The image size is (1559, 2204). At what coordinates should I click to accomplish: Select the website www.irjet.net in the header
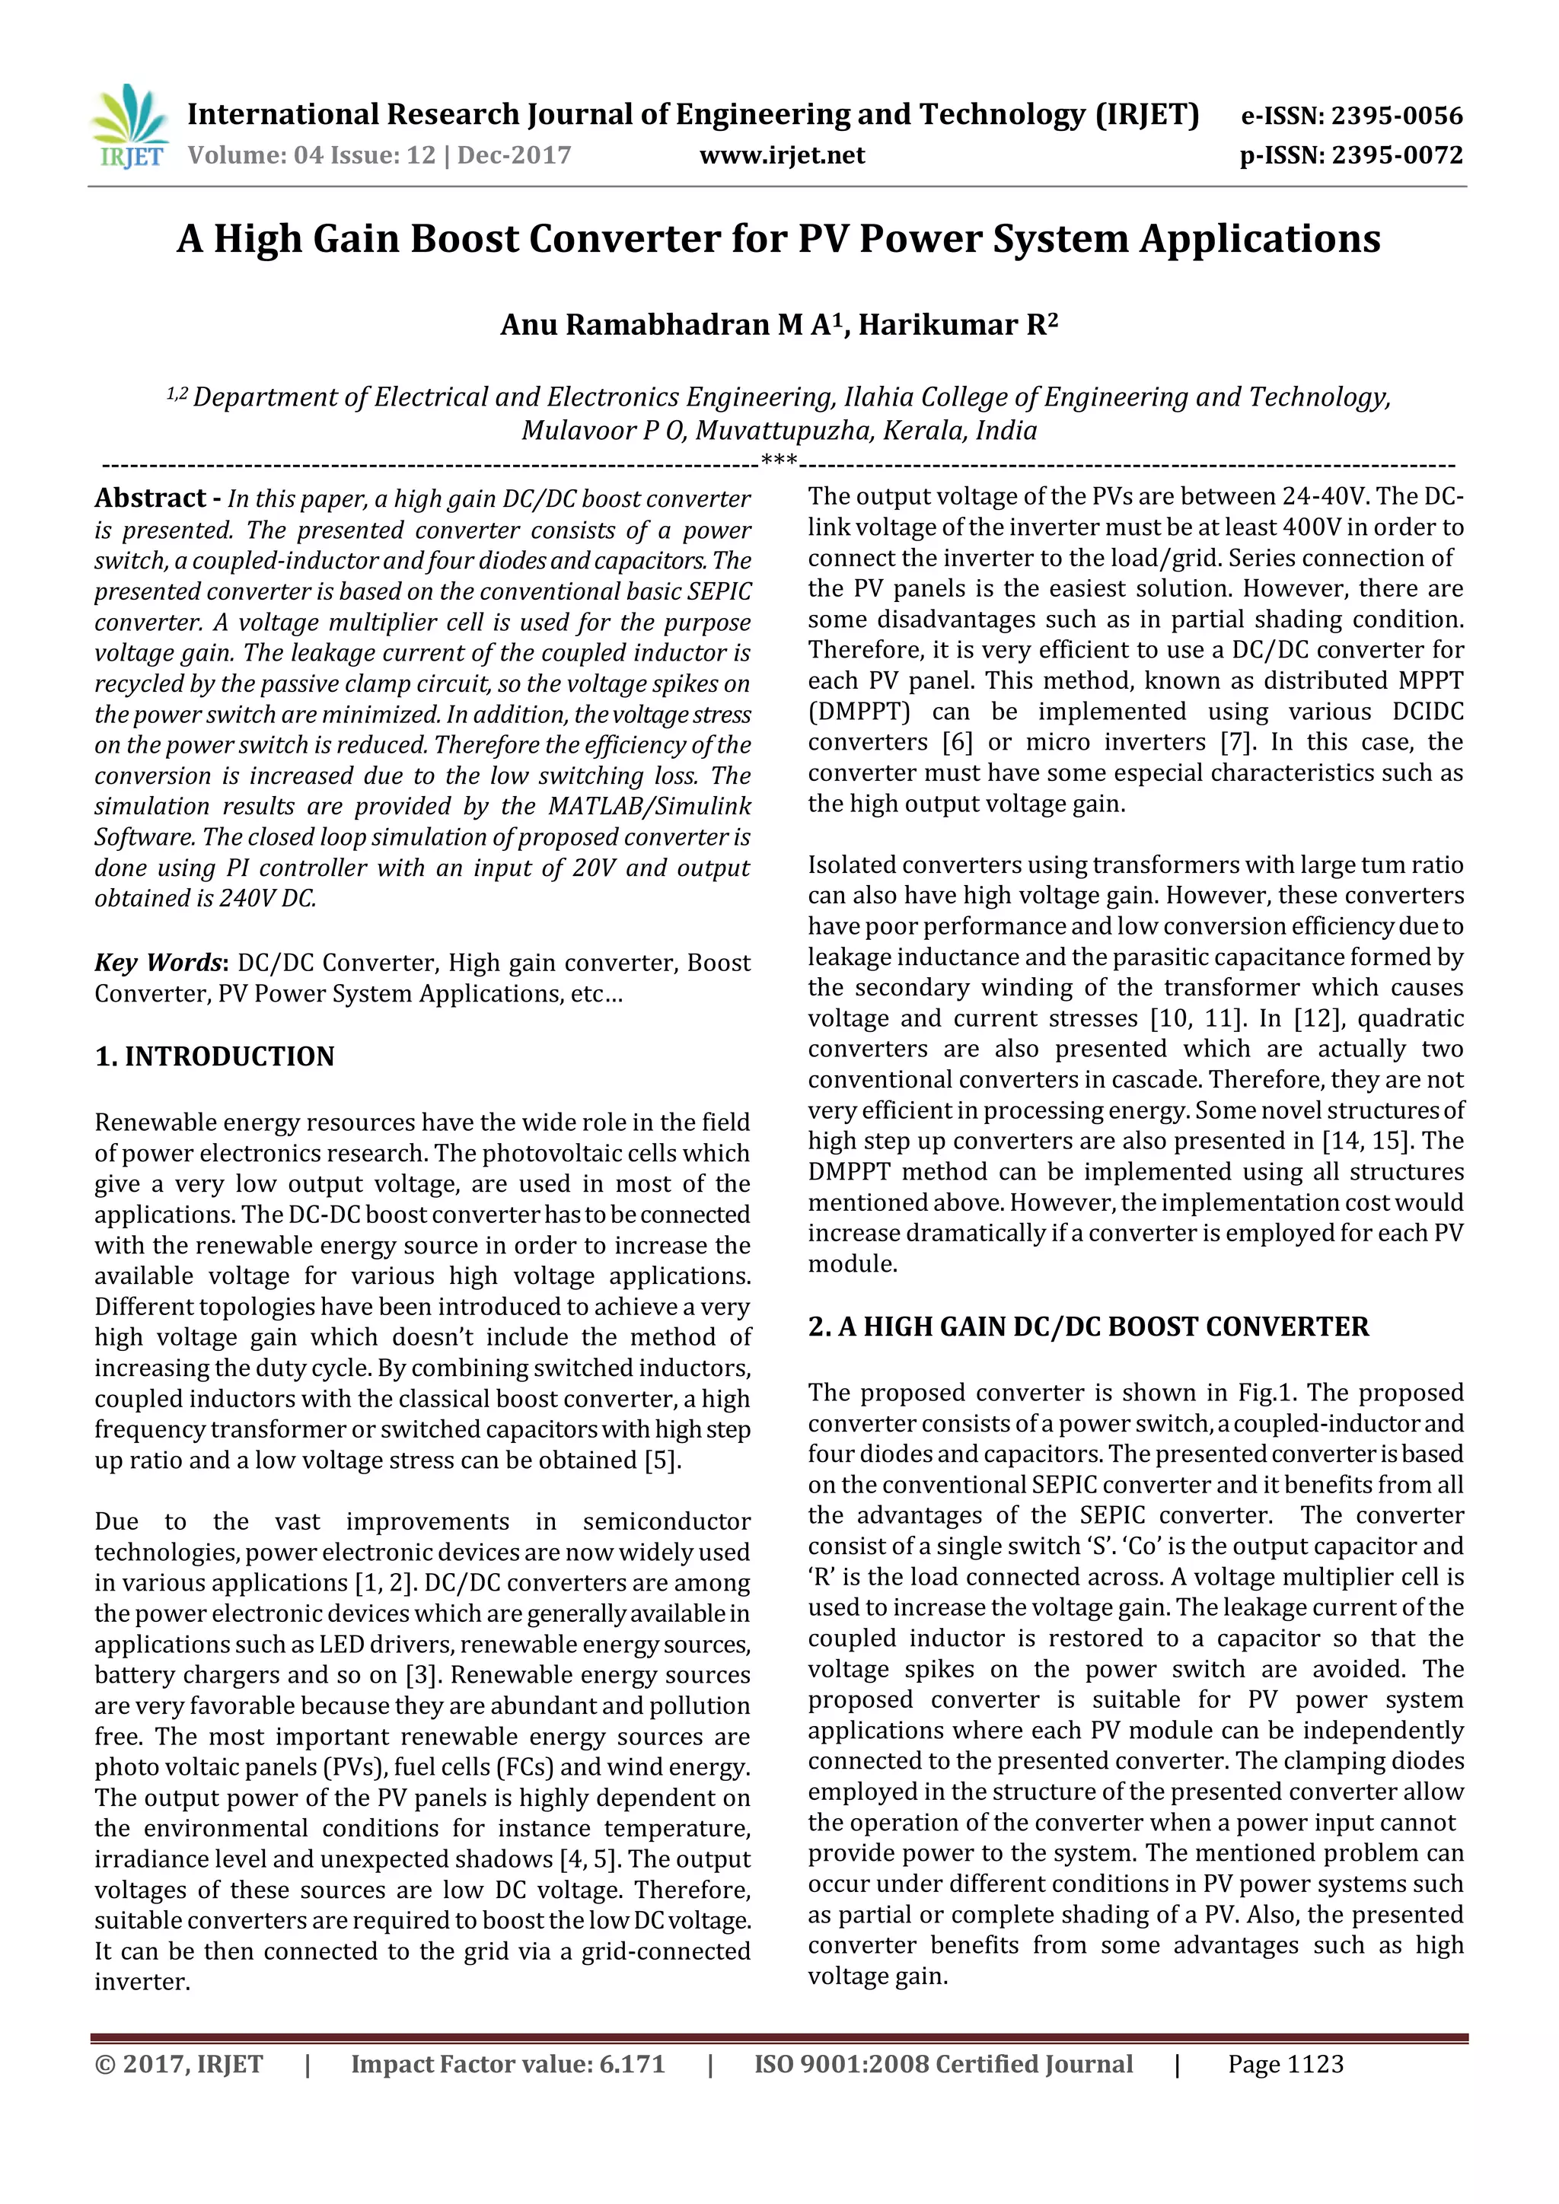(x=782, y=155)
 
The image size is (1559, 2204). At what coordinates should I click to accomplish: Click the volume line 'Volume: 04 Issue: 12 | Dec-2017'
(x=379, y=155)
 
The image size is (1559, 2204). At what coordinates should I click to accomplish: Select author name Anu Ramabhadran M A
(x=669, y=326)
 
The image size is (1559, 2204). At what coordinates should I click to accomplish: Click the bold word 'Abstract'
(x=151, y=498)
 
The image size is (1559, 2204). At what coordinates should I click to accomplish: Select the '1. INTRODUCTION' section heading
(x=214, y=1057)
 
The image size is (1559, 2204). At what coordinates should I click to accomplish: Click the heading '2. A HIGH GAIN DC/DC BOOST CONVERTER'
(x=1088, y=1327)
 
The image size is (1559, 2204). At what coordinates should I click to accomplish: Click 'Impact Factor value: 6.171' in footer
(x=507, y=2065)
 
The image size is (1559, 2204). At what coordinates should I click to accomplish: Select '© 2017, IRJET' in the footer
(x=179, y=2065)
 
